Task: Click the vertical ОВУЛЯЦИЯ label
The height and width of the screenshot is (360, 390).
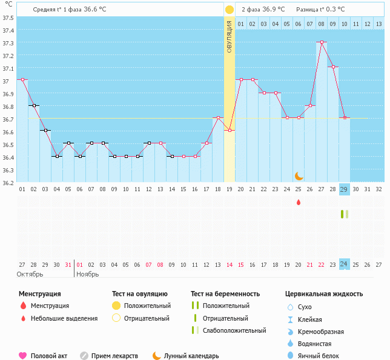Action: click(230, 36)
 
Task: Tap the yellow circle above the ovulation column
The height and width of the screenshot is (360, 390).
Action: click(230, 10)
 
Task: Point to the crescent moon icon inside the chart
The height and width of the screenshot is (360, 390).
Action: click(299, 176)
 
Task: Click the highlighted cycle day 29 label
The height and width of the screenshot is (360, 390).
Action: click(344, 189)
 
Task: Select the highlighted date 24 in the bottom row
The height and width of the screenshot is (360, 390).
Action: click(344, 264)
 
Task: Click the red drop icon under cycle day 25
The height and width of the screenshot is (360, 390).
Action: click(298, 202)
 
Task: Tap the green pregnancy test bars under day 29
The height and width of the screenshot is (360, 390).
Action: click(345, 214)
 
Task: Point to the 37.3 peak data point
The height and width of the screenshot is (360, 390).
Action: click(322, 42)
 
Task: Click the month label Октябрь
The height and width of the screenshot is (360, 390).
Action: click(29, 274)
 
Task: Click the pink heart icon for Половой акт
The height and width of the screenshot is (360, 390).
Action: click(23, 356)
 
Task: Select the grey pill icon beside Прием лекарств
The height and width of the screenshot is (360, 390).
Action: click(84, 356)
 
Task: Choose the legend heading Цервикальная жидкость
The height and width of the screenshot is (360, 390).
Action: click(324, 293)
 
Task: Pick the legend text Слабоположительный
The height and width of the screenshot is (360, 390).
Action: click(234, 330)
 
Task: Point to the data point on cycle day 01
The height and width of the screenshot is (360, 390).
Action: click(22, 79)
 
